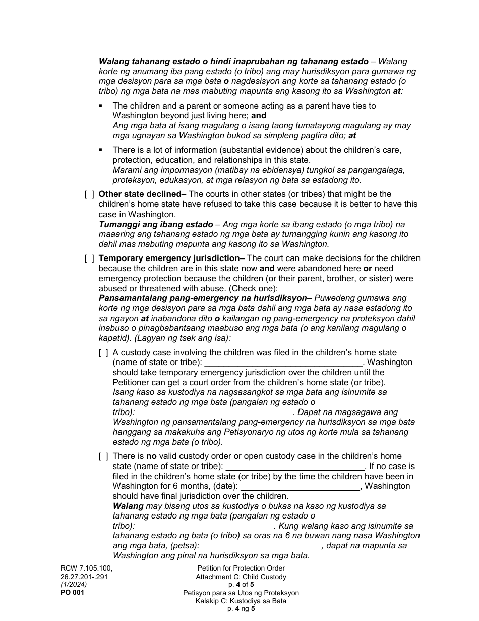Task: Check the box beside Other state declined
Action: [x=89, y=194]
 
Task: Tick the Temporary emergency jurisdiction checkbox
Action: [x=89, y=258]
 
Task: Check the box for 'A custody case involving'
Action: [x=103, y=353]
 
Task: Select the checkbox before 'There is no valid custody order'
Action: [x=103, y=456]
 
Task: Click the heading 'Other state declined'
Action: [x=140, y=194]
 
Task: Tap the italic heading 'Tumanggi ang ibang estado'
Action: [x=156, y=224]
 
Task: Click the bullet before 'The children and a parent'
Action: [x=101, y=106]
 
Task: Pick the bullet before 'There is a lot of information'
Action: [x=101, y=150]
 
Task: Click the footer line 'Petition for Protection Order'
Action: [x=241, y=568]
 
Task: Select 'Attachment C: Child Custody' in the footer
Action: [x=241, y=577]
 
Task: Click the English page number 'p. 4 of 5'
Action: [x=241, y=585]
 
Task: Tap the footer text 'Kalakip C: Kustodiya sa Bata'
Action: [x=241, y=601]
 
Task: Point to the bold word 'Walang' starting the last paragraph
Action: [x=128, y=506]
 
